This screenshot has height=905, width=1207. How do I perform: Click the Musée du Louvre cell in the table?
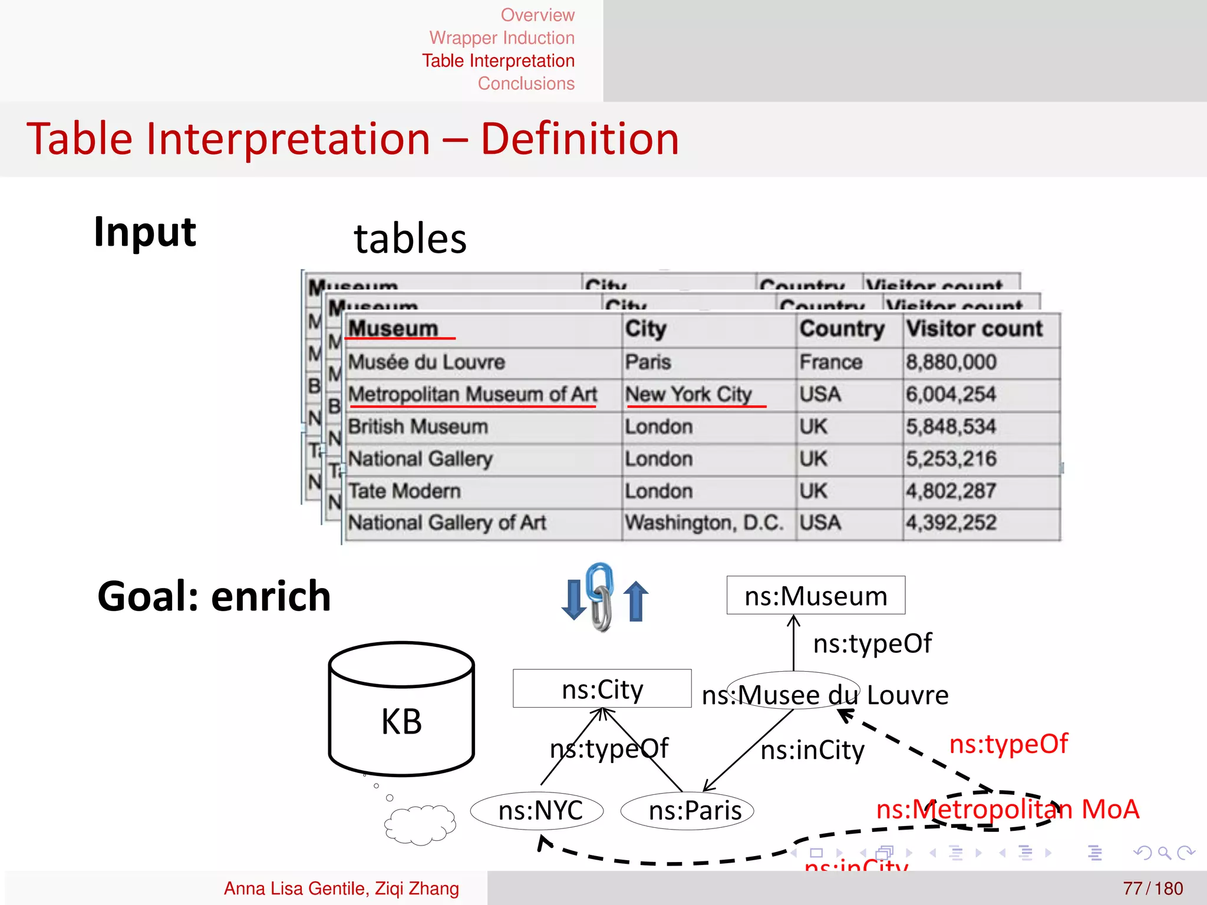click(x=426, y=362)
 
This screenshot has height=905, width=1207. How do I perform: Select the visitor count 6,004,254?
click(x=951, y=394)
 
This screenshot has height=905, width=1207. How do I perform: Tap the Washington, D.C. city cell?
click(x=704, y=523)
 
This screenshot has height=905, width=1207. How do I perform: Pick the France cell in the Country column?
click(x=830, y=362)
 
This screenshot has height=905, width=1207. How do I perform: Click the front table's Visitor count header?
click(x=974, y=329)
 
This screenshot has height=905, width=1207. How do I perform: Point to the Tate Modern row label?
click(x=404, y=491)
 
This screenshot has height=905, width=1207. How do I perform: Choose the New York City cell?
click(x=688, y=394)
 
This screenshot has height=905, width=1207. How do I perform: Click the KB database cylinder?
click(x=401, y=709)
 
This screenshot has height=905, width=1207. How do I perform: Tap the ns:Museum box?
click(x=816, y=596)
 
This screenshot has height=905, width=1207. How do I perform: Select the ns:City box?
click(x=602, y=689)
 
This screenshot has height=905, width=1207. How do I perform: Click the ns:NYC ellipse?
click(x=537, y=811)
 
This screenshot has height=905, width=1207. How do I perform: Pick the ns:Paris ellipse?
click(x=687, y=811)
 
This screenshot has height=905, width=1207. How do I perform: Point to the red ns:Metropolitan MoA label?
click(x=1007, y=810)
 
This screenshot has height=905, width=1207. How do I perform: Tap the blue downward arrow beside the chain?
click(x=573, y=600)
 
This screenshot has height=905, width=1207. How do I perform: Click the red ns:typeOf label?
click(x=1008, y=744)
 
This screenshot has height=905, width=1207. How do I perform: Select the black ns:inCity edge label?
click(x=812, y=751)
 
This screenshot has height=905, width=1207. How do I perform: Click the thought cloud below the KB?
click(x=420, y=825)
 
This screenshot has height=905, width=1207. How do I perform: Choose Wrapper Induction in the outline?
click(x=502, y=38)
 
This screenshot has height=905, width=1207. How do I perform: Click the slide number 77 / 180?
click(x=1152, y=889)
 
